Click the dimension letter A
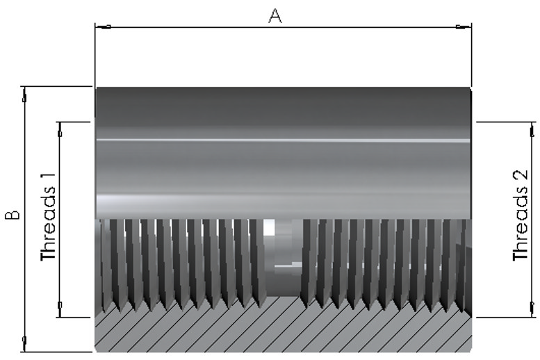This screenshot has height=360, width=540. coord(275,16)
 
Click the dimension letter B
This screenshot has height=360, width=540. coord(13,215)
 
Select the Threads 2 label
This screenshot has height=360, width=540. coord(520,215)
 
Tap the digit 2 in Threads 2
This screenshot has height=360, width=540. coord(521,174)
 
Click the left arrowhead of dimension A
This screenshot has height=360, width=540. coord(103,26)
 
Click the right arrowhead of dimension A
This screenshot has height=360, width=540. coord(464,26)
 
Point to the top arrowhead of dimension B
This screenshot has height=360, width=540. coord(24,94)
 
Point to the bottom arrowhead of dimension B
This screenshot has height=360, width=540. coord(24,344)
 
